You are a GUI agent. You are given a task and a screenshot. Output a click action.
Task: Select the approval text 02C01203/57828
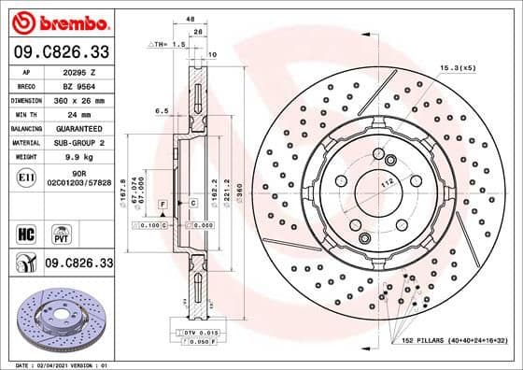point(79,183)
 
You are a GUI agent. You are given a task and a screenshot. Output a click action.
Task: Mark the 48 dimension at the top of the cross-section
point(191,20)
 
